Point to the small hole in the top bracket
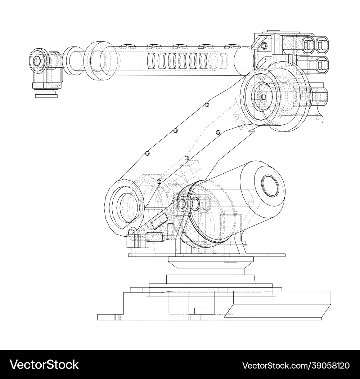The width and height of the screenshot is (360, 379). [264, 46]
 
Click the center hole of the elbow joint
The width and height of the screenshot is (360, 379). [264, 97]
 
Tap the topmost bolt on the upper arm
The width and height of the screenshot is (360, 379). [206, 104]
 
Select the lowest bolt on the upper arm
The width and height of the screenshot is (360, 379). [158, 182]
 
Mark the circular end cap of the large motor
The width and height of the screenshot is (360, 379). [270, 187]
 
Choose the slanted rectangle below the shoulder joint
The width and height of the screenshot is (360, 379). [159, 220]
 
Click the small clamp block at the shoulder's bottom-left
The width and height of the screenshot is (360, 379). [133, 240]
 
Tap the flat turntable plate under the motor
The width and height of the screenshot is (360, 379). [207, 255]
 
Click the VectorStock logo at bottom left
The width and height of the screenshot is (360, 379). [44, 365]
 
